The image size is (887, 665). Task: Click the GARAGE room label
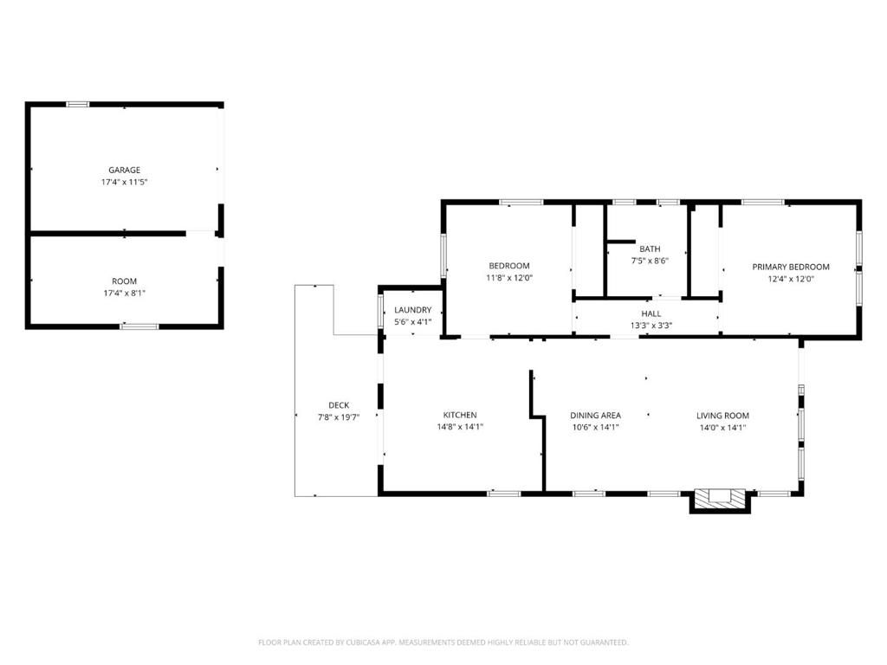click(124, 170)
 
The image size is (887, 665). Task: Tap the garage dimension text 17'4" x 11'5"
click(124, 182)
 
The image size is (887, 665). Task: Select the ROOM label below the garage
click(124, 281)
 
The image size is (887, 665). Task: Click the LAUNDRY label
click(412, 310)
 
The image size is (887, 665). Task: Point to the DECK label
click(339, 405)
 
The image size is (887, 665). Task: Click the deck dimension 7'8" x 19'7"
click(339, 416)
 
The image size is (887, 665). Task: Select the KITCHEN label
click(459, 415)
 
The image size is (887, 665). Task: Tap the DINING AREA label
click(595, 415)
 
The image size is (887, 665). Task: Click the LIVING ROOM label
click(722, 415)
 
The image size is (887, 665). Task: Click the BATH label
click(650, 249)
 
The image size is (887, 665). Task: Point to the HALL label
click(651, 313)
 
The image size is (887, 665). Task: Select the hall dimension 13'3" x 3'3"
click(651, 326)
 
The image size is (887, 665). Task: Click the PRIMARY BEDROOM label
click(790, 267)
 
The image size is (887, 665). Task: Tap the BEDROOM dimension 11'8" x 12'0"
click(509, 278)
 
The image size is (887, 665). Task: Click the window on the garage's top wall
click(78, 105)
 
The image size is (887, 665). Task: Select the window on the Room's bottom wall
click(139, 326)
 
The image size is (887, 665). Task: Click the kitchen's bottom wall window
click(504, 494)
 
